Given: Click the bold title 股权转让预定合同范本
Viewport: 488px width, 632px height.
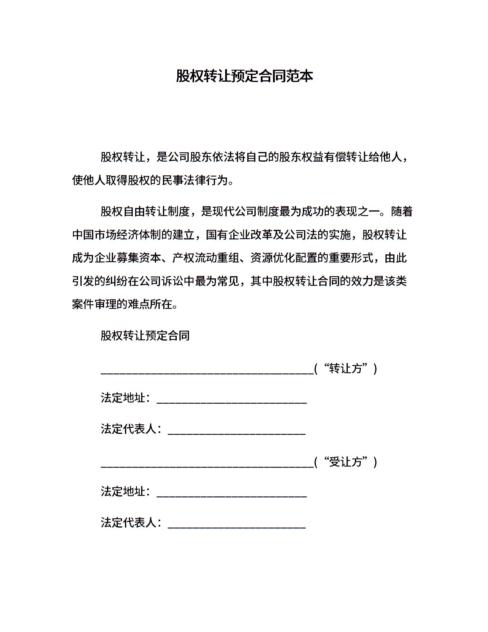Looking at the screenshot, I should coord(244,76).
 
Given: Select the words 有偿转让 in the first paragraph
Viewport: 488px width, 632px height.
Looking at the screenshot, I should coord(347,157).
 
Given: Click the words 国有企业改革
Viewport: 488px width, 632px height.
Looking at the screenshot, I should coord(240,235).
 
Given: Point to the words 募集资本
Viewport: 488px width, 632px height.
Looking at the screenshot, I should coord(139,258).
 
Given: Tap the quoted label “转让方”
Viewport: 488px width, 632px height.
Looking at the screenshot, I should coord(346,369).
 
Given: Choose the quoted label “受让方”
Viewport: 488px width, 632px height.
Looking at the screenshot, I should coord(346,462).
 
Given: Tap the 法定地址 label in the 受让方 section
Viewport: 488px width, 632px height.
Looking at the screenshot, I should coord(123,492).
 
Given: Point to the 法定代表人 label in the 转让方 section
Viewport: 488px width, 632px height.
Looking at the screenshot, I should coord(129,429).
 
